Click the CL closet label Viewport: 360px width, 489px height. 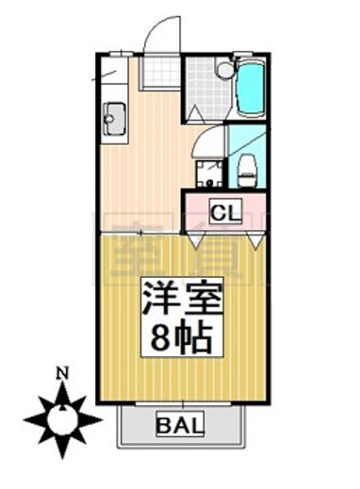pos(224,213)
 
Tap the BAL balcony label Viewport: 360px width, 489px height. pos(179,426)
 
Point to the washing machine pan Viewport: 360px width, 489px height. pos(209,173)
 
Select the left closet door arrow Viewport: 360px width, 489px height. pos(195,242)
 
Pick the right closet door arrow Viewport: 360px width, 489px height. pos(255,242)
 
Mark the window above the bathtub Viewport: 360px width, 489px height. pos(251,57)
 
